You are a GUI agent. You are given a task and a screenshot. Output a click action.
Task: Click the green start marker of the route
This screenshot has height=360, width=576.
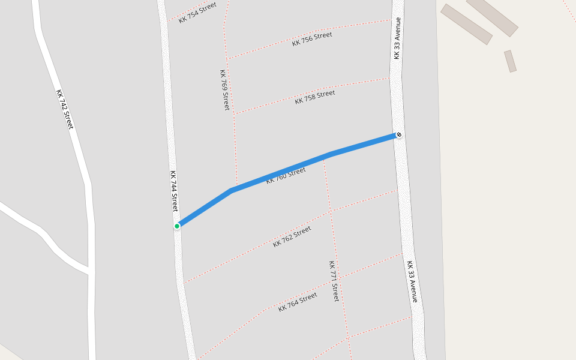pos(177,226)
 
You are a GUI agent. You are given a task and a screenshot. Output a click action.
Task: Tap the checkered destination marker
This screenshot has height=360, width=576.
pos(399,135)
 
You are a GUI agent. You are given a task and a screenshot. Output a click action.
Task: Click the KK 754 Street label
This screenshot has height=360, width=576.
pos(197,13)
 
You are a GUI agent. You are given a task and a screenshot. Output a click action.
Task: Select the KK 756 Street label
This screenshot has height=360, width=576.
pos(312,39)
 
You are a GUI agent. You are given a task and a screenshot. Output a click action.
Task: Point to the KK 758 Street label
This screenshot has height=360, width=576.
pos(314,97)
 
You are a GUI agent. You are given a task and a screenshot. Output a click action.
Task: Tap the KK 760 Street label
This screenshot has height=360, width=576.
pos(286,175)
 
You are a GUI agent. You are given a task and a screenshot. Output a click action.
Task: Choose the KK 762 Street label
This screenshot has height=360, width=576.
pos(292,236)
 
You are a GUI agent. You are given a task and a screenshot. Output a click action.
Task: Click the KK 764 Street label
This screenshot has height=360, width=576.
pos(298,302)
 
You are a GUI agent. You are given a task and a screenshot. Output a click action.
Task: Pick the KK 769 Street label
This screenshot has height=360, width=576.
pos(224,89)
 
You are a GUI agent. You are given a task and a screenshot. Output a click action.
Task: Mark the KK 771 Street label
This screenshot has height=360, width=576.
pos(334,281)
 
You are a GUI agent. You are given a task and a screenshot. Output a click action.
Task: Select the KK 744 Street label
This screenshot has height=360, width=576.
pos(173,191)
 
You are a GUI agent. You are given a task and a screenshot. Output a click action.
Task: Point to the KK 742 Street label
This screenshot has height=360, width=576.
pos(64,109)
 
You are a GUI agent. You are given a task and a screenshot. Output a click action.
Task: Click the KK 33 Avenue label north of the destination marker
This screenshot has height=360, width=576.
pos(397,38)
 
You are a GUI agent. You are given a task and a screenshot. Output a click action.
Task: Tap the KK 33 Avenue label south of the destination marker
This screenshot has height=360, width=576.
pos(412,281)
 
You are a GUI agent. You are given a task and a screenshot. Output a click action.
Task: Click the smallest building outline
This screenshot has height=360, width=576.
pos(510,61)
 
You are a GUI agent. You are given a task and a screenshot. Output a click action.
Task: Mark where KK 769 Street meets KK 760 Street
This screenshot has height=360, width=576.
pos(236,187)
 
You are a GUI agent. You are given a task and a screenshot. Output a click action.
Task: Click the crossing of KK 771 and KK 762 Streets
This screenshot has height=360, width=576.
pos(329,212)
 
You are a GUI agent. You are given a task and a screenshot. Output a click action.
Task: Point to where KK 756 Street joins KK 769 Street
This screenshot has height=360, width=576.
pos(227,59)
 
